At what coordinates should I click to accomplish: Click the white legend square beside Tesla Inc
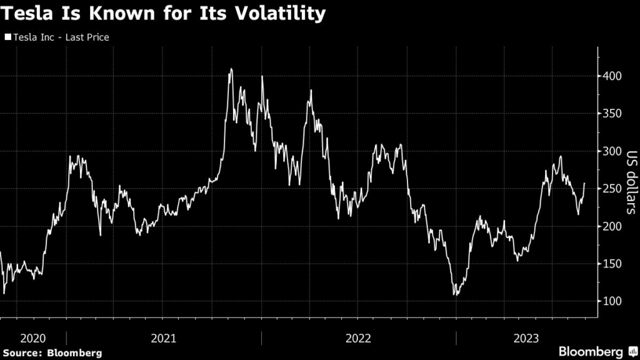(8, 37)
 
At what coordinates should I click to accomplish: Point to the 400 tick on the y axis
(612, 76)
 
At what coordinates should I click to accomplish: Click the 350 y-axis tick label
(612, 114)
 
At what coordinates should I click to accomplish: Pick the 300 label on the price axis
(612, 151)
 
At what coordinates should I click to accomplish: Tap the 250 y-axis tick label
(612, 189)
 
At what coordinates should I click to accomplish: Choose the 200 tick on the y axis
(612, 226)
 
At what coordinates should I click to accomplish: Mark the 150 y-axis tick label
(612, 264)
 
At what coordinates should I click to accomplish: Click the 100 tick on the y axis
(612, 301)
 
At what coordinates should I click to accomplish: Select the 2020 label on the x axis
(33, 338)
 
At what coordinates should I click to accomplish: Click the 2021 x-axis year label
(164, 338)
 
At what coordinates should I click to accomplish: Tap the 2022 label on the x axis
(358, 338)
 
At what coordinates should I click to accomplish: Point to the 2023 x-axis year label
(526, 338)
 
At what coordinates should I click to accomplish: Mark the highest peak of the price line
(231, 69)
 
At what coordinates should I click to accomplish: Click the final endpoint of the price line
(585, 183)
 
